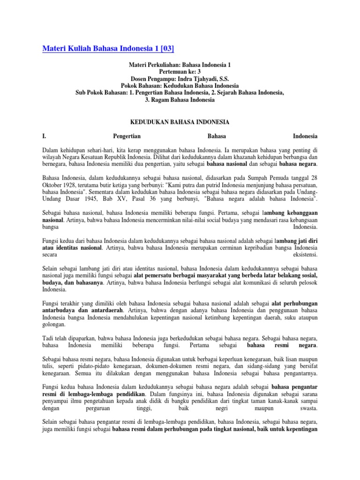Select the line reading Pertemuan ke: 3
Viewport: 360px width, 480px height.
pyautogui.click(x=180, y=71)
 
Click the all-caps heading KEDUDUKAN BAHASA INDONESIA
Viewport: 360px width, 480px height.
pyautogui.click(x=180, y=122)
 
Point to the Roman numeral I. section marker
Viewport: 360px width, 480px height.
pyautogui.click(x=45, y=136)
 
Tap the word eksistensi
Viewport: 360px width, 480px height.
pyautogui.click(x=305, y=255)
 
